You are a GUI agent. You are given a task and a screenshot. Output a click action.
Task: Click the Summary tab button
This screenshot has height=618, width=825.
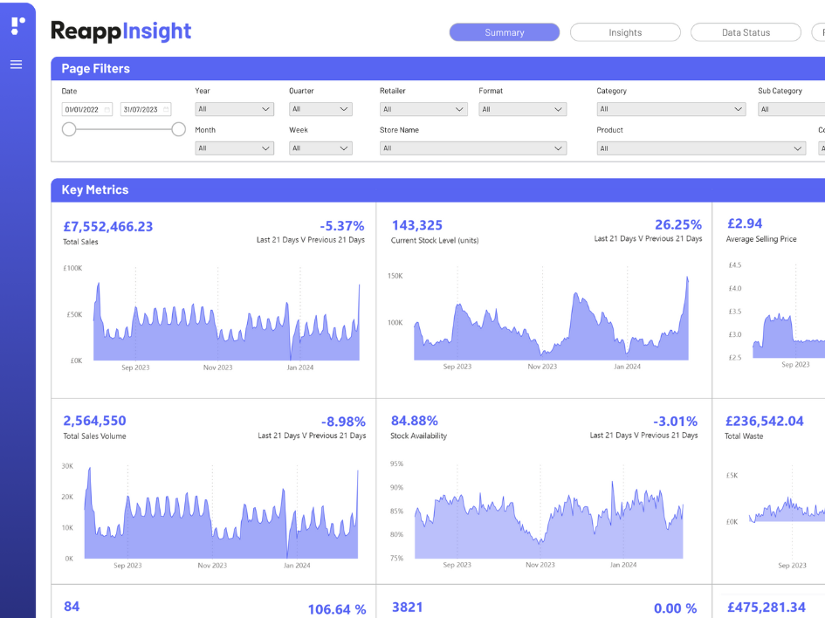pos(504,32)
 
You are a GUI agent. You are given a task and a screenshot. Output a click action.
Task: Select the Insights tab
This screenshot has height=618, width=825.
pos(625,32)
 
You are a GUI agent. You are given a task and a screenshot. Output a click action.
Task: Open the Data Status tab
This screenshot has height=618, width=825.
pos(746,32)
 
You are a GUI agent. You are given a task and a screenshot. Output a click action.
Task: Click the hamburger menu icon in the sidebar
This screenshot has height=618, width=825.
pos(16,65)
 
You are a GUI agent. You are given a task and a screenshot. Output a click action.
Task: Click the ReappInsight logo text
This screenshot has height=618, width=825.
pos(120,31)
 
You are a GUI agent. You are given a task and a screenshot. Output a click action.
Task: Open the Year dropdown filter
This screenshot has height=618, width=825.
pos(234,109)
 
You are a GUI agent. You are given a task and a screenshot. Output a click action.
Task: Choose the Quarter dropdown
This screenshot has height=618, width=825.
pos(320,109)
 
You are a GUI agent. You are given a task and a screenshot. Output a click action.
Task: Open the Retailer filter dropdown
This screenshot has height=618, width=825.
pos(423,109)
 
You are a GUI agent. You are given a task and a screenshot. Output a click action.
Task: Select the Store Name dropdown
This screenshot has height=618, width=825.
pos(473,148)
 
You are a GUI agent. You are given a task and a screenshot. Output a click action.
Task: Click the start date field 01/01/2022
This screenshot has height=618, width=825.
pos(86,109)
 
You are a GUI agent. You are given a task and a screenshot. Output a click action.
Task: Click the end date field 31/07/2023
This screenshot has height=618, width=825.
pos(145,109)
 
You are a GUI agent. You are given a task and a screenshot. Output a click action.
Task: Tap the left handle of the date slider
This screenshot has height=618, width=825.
pos(69,129)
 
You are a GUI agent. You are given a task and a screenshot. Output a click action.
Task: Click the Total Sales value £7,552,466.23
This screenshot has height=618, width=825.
pos(107,226)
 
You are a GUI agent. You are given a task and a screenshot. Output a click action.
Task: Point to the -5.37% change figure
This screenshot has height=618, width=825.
pos(341,226)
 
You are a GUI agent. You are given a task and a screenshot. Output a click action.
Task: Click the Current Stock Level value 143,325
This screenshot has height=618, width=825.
pos(417,225)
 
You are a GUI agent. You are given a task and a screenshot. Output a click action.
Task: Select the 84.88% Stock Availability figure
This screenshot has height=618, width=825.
pos(415,421)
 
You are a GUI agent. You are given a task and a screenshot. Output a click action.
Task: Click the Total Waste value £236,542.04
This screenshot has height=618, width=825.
pos(765,421)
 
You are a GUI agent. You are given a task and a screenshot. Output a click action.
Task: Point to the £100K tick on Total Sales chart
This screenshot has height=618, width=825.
pos(73,268)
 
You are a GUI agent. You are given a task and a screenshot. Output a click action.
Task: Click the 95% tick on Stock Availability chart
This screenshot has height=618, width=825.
pos(396,463)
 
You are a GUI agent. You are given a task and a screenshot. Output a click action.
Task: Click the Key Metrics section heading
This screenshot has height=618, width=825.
pos(94,189)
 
